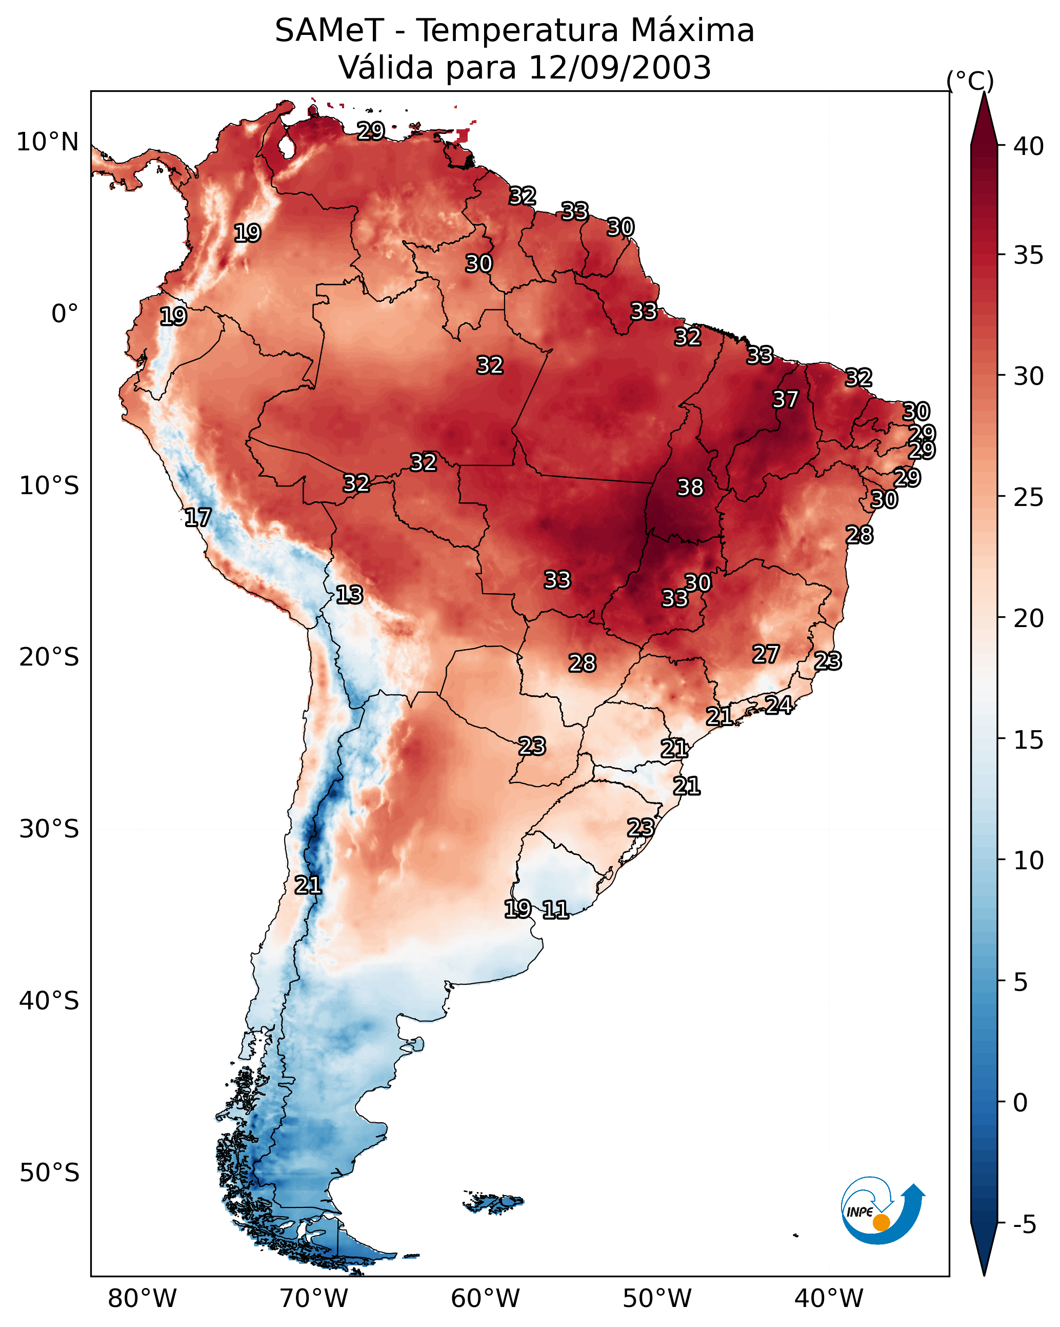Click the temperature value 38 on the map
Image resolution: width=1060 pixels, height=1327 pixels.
[x=690, y=487]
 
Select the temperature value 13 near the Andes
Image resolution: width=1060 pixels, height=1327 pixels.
[x=349, y=595]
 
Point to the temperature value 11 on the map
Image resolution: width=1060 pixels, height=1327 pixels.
[x=555, y=910]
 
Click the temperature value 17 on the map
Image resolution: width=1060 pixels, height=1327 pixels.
[x=198, y=518]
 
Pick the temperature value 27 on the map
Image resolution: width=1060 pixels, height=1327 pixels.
[x=766, y=654]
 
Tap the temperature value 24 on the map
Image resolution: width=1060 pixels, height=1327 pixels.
[x=778, y=705]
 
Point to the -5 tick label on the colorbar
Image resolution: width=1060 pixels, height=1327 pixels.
[x=1024, y=1225]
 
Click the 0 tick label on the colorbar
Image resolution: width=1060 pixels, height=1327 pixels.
[x=1021, y=1103]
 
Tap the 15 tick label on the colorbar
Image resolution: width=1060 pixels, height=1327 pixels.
[x=1029, y=740]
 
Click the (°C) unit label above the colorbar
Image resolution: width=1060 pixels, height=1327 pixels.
[x=970, y=81]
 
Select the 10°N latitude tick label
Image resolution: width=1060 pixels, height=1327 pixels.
[x=47, y=142]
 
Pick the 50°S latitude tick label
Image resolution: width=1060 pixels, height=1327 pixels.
[x=49, y=1173]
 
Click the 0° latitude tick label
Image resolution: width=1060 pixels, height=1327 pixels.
[x=65, y=314]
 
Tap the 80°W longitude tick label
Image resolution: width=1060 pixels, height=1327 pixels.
[x=142, y=1298]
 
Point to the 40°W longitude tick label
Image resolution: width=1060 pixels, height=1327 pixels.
[x=829, y=1298]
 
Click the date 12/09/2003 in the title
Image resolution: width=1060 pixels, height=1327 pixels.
[x=619, y=67]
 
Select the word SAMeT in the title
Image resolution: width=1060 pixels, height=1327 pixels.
[x=329, y=30]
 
